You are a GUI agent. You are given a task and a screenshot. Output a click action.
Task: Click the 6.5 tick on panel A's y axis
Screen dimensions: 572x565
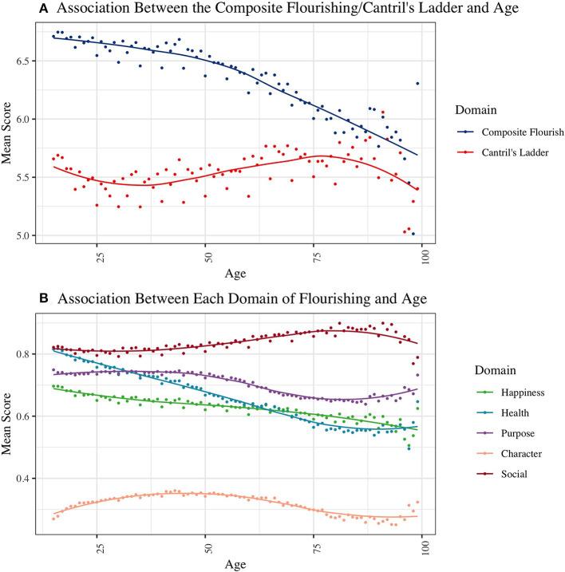(30, 61)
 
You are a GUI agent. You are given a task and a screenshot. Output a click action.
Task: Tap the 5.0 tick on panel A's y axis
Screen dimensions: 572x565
(30, 236)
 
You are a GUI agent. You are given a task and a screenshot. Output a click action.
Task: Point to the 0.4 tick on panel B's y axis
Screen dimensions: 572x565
(30, 479)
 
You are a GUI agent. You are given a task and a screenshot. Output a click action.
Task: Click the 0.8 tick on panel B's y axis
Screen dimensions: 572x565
(30, 354)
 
